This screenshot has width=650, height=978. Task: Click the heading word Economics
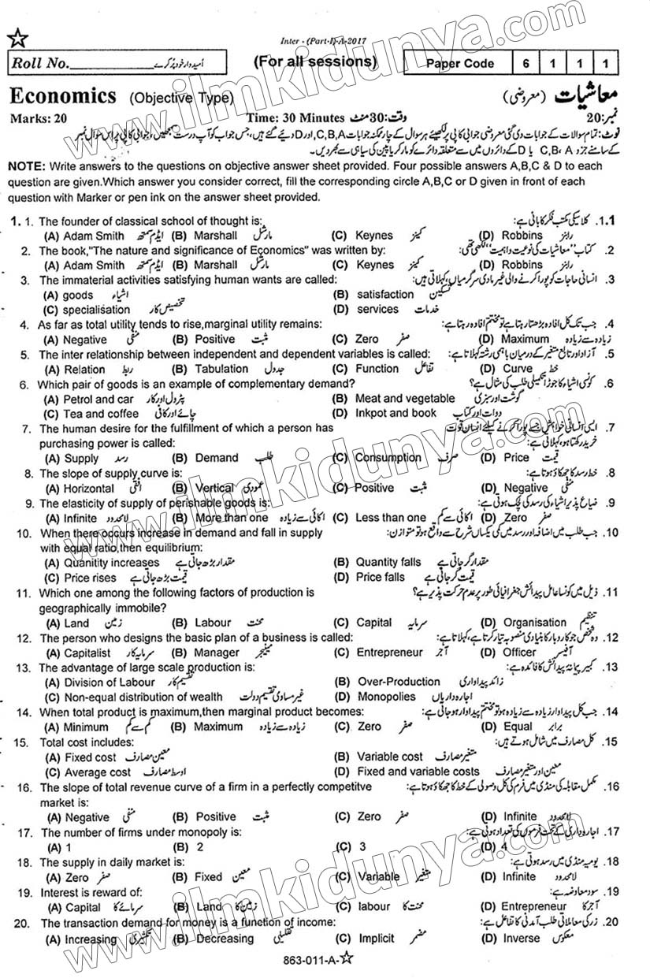coord(62,96)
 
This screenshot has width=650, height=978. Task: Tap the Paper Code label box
coord(460,64)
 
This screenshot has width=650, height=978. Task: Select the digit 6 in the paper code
coord(526,64)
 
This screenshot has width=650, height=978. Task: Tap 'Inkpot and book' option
coord(395,413)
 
